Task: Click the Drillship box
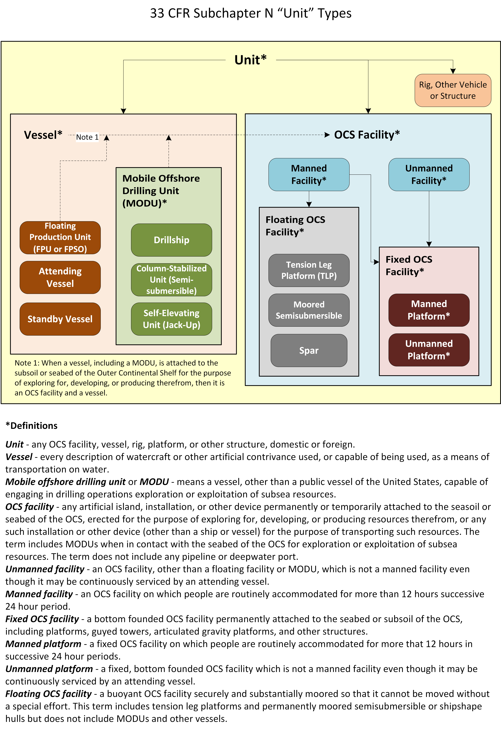click(x=171, y=240)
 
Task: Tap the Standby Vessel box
click(x=60, y=319)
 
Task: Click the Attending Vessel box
click(x=60, y=277)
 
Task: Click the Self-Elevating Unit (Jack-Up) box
click(x=171, y=319)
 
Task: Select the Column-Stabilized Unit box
click(x=171, y=280)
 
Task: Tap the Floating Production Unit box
click(x=60, y=237)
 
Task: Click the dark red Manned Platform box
click(x=429, y=310)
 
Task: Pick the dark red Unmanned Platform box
click(x=429, y=350)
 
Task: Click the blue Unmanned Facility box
click(x=429, y=174)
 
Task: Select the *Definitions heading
click(x=32, y=426)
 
